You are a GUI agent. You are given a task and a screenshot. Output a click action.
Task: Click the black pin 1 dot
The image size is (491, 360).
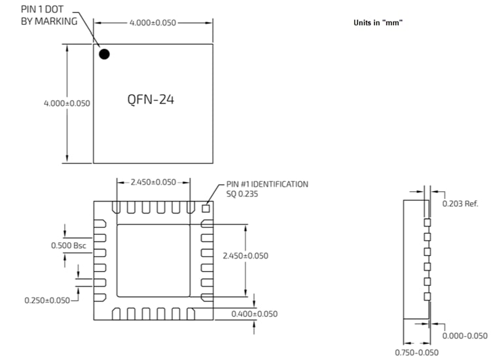point(104,54)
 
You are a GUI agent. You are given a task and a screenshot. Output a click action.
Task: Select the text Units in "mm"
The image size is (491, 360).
point(377,23)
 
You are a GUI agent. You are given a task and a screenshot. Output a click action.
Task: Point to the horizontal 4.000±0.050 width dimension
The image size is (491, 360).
point(153,23)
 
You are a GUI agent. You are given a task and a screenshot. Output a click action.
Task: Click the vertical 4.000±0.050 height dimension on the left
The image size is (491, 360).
point(67,103)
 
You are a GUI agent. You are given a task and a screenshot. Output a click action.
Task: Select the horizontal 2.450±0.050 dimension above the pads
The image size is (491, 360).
point(153,182)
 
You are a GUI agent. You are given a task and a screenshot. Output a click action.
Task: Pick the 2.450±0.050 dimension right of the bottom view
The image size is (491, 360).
point(245,255)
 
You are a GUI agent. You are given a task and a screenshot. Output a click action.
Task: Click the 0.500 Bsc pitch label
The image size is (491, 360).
point(69,245)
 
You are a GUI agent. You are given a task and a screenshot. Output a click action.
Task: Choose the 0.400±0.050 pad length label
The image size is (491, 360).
point(255,314)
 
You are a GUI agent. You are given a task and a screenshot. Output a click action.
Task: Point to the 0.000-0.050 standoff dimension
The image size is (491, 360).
point(465,336)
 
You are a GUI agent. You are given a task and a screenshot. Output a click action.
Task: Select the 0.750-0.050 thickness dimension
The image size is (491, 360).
point(417,353)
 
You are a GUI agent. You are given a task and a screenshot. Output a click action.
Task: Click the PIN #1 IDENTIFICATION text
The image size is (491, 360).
point(266,184)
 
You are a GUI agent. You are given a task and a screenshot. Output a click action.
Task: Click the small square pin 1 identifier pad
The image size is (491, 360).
point(206,209)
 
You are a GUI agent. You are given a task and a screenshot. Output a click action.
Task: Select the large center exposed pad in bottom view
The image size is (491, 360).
point(154,260)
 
